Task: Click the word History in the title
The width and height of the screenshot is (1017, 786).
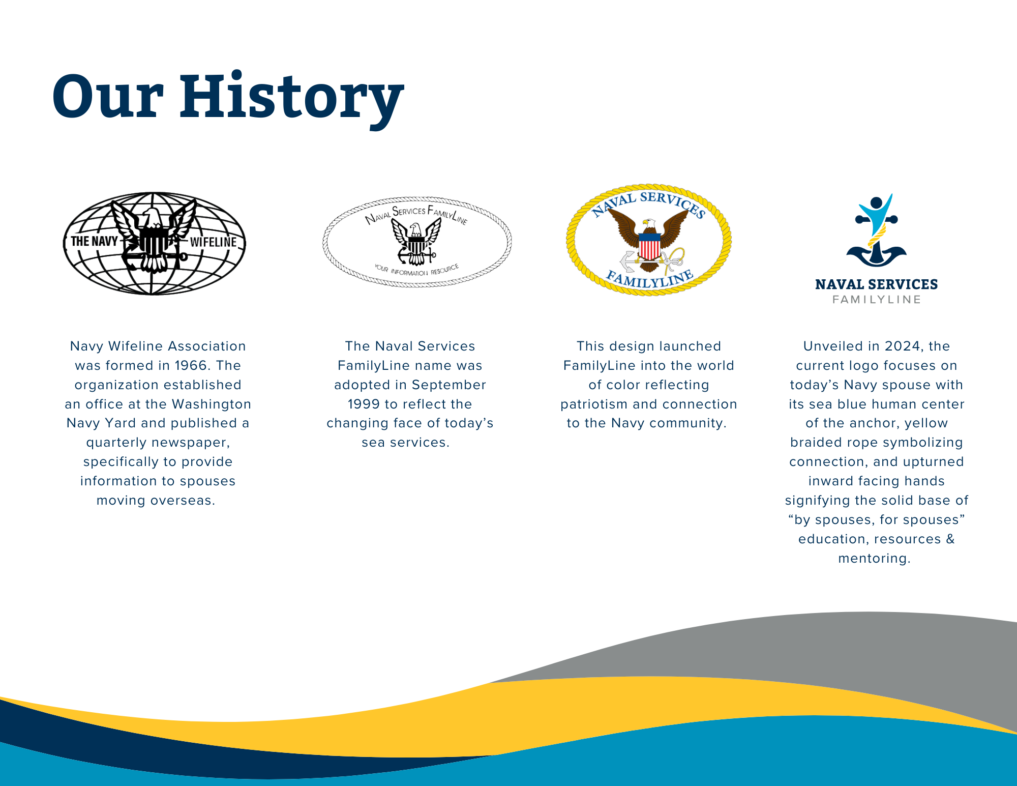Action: pyautogui.click(x=291, y=98)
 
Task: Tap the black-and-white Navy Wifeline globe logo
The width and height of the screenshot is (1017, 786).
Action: pyautogui.click(x=155, y=243)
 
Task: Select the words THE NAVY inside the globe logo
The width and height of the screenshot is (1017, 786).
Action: pyautogui.click(x=95, y=241)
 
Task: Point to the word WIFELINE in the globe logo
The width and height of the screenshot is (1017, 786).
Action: pyautogui.click(x=214, y=242)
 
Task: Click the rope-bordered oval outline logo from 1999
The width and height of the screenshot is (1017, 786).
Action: pyautogui.click(x=417, y=242)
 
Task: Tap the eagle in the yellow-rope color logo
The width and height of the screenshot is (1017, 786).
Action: pyautogui.click(x=649, y=239)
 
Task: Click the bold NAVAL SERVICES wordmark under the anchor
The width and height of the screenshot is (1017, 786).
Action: pyautogui.click(x=877, y=284)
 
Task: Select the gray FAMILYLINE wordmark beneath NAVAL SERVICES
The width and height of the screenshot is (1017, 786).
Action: pyautogui.click(x=877, y=300)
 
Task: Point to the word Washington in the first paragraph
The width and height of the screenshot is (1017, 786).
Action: pyautogui.click(x=212, y=404)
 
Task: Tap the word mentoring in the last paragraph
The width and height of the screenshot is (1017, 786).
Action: pyautogui.click(x=874, y=559)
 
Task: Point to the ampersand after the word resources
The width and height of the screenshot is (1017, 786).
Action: pyautogui.click(x=950, y=539)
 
